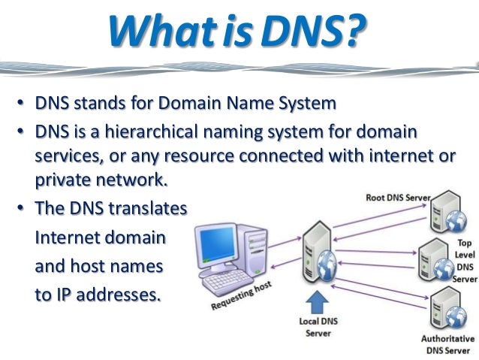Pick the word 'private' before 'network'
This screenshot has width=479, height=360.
coord(62,180)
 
